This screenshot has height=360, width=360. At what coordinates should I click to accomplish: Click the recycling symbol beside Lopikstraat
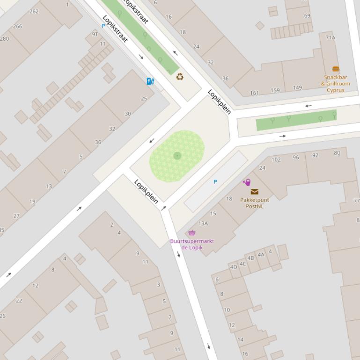click(180, 77)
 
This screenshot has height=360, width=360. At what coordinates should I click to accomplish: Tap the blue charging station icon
click(150, 81)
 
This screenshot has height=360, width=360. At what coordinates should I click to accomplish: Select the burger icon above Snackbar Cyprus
click(335, 70)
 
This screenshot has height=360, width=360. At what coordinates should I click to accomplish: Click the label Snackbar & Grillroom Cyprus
click(335, 84)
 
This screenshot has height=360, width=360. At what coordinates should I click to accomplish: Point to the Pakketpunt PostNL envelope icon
click(254, 192)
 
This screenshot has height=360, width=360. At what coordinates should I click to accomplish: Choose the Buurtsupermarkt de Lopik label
click(191, 244)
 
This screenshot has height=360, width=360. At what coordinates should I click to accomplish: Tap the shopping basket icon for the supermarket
click(191, 233)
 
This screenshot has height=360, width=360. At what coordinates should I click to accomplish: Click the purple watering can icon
click(247, 182)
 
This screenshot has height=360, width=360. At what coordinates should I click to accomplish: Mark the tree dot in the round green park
click(177, 156)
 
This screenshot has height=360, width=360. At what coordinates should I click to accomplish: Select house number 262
click(34, 11)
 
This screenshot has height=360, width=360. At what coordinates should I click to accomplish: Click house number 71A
click(331, 37)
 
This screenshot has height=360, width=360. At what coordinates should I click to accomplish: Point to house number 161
click(254, 93)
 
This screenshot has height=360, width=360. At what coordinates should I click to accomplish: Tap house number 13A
click(203, 223)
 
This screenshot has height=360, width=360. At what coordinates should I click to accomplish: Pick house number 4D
click(233, 267)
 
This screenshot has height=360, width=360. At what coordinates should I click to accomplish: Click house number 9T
click(95, 34)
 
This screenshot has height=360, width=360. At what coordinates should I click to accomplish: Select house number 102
click(276, 159)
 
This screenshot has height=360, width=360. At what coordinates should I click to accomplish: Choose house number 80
click(337, 153)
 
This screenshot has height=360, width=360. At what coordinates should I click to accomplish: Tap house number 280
click(4, 38)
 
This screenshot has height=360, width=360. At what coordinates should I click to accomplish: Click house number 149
click(297, 87)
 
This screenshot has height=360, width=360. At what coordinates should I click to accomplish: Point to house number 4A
click(261, 255)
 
